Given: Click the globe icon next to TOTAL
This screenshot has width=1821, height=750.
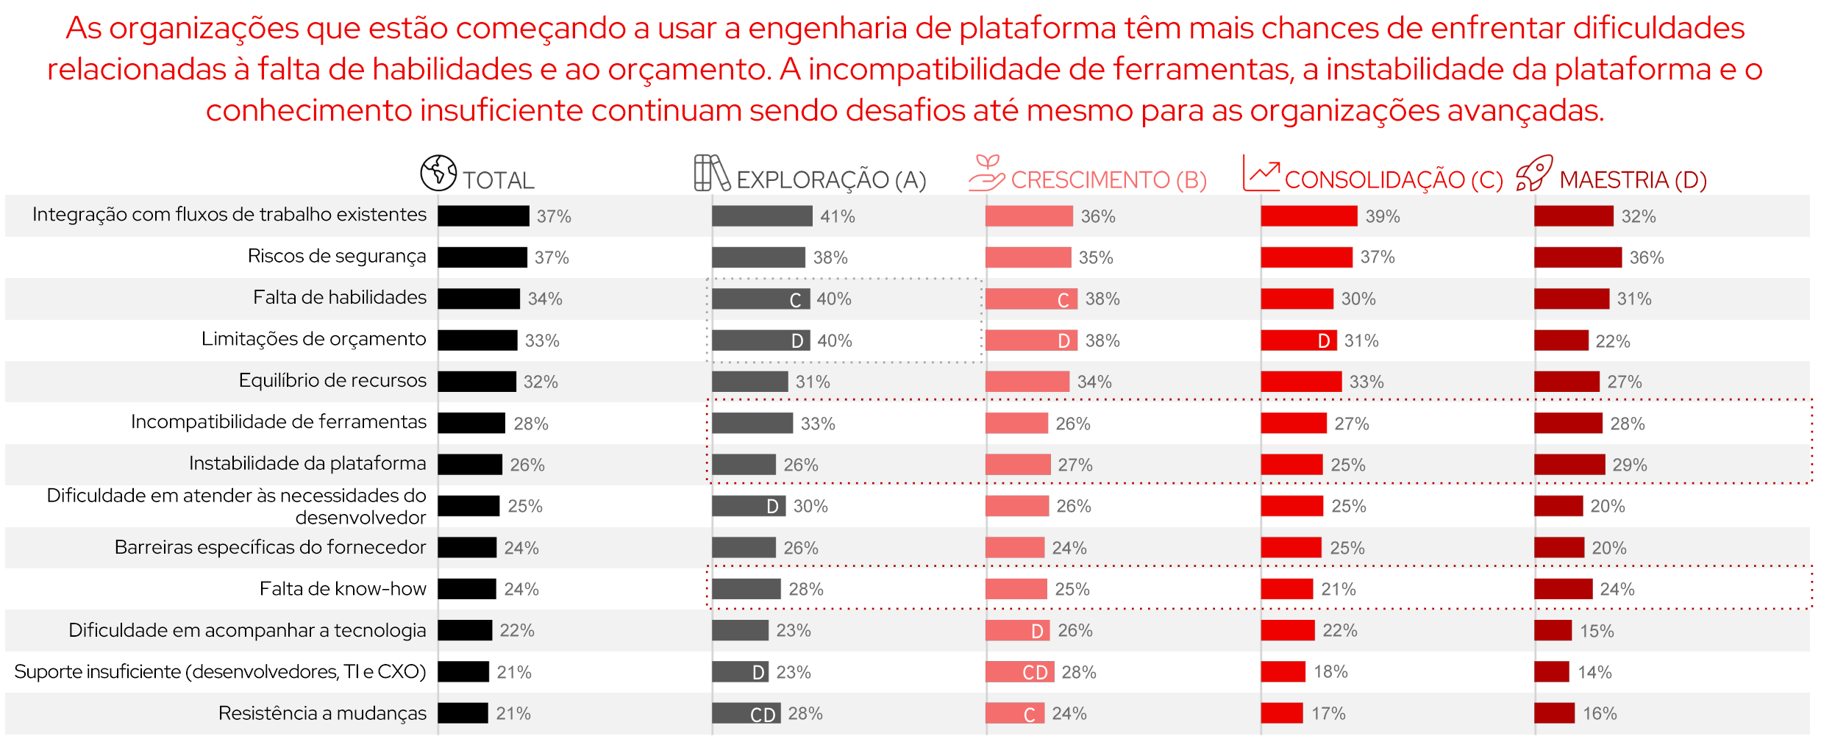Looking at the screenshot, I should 438,173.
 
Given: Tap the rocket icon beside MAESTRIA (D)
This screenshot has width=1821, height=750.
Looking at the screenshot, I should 1534,174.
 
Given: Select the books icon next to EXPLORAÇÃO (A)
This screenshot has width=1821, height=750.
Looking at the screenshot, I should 711,174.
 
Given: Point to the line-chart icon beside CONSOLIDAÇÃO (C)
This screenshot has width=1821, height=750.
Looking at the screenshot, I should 1261,174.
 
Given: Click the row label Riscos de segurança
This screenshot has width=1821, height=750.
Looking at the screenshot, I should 336,256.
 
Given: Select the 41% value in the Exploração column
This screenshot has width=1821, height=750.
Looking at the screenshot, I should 837,216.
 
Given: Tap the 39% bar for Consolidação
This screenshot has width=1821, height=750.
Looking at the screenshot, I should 1308,216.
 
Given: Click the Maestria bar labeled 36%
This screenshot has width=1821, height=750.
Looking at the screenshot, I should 1578,257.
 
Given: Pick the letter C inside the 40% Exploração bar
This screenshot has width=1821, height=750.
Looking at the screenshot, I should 795,300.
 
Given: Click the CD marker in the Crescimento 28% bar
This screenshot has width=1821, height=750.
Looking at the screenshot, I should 1035,673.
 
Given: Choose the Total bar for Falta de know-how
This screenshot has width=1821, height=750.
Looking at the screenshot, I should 467,589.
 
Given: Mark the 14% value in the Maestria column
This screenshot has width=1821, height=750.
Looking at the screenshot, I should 1594,672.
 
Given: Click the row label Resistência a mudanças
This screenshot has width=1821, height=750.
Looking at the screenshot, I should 322,713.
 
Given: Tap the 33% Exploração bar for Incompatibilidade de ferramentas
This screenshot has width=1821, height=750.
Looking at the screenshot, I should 752,424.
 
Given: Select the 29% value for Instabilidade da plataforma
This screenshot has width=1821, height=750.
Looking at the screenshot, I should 1629,465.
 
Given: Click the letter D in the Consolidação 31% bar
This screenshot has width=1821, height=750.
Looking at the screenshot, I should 1324,341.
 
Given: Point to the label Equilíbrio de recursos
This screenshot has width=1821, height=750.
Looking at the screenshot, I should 332,380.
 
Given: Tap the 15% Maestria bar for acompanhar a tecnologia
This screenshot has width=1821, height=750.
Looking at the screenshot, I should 1553,631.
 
